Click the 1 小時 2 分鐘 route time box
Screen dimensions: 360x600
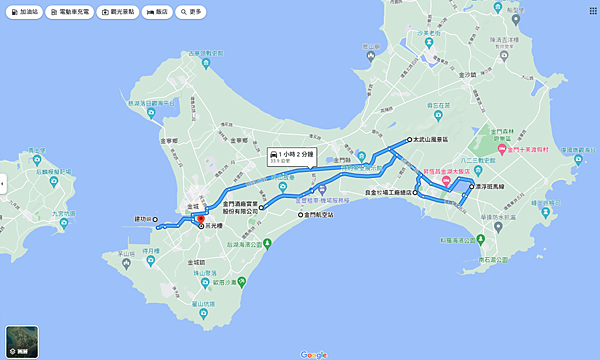tap(291, 156)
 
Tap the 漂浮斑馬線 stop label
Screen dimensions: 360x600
tap(494, 186)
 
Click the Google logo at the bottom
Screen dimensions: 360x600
tap(313, 353)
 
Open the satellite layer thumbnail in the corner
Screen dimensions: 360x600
tap(21, 341)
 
